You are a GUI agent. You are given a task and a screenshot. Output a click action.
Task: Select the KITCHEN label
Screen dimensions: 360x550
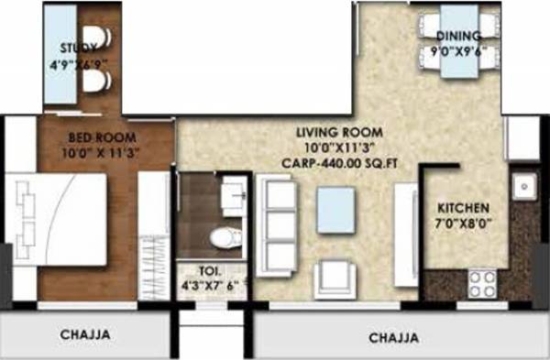462,207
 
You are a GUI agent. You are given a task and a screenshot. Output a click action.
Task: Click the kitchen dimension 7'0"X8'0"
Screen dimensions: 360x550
462,223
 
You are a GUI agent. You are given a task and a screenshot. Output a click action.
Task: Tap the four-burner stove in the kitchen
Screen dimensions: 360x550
483,282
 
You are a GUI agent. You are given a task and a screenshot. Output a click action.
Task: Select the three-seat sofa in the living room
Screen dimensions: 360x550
279,223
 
